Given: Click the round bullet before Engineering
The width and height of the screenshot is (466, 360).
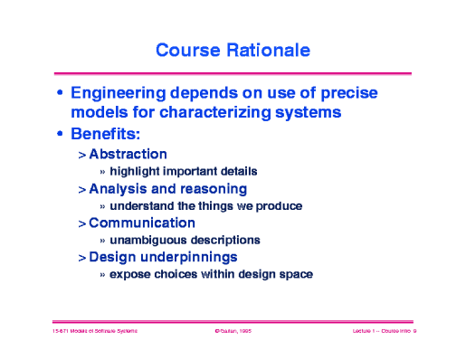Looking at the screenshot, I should pyautogui.click(x=60, y=94).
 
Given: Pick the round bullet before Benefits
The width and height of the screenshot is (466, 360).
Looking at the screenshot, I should pyautogui.click(x=60, y=136).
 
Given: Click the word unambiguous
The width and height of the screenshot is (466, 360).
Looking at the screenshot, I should pyautogui.click(x=149, y=240).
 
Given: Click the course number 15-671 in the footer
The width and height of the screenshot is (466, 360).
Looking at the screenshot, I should pyautogui.click(x=62, y=333).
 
